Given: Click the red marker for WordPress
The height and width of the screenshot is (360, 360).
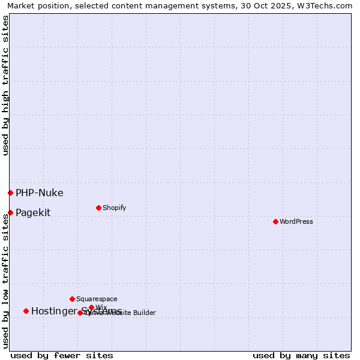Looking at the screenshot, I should point(275,221).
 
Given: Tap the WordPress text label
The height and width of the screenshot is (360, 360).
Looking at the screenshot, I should point(296,222).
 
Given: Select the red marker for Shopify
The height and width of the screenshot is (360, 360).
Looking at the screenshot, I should point(98,208).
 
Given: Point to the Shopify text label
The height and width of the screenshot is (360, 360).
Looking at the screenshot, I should point(114,208).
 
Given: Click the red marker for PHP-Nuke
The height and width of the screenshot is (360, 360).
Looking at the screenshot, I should point(10,193).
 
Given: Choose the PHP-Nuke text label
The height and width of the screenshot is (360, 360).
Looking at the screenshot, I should point(39,193).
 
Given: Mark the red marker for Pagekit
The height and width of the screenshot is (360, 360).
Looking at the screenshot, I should point(10,212).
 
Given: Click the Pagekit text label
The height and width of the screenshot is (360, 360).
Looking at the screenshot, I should point(33,213).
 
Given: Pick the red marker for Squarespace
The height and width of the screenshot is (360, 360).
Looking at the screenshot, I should point(72,299).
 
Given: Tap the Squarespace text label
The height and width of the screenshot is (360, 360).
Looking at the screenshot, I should point(97,299).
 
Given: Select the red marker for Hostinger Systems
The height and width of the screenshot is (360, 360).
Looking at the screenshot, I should point(26,311).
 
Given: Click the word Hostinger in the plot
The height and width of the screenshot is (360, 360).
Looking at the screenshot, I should point(54,311).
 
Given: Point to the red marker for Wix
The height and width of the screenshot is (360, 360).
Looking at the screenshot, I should point(91,307).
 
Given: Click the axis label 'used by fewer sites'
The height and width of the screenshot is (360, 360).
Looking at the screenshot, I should point(62,355).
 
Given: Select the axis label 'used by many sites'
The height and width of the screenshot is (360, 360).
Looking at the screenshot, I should point(301,355).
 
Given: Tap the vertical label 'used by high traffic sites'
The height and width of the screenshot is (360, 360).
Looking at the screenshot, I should point(5,85).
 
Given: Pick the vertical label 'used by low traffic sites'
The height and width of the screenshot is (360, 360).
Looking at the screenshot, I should point(5,281).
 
